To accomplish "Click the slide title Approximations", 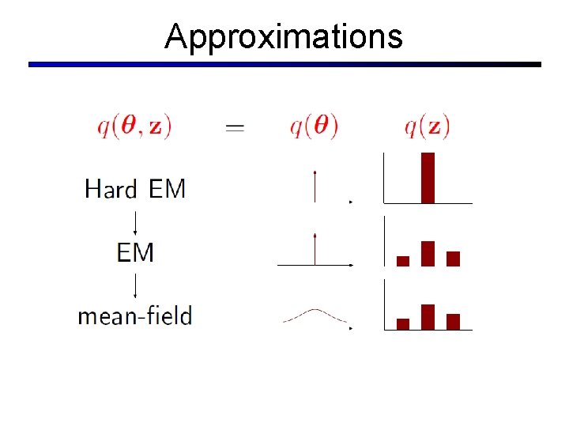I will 284,37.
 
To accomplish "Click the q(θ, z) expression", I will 134,126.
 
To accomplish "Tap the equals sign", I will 235,127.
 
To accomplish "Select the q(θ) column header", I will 314,126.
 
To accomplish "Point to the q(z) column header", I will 427,126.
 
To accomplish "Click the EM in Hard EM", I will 167,189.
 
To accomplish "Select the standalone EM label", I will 135,252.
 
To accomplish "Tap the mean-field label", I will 135,316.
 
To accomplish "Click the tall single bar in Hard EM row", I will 428,177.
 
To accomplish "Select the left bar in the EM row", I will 403,261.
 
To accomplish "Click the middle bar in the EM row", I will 428,253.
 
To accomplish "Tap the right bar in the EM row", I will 453,259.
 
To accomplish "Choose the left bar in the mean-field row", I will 403,323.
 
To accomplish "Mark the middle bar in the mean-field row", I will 428,316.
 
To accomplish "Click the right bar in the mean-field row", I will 453,321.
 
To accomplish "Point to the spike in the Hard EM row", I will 315,187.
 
